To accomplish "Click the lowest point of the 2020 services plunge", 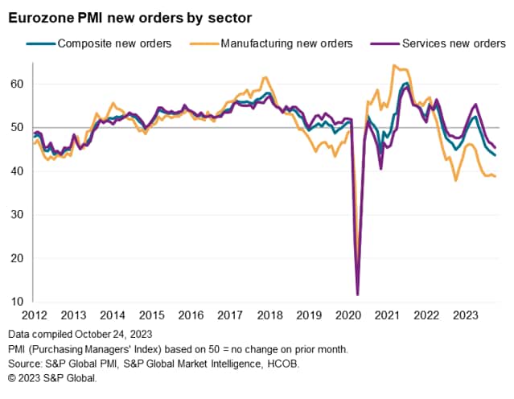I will (x=357, y=294).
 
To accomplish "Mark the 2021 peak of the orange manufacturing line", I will (x=394, y=66).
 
